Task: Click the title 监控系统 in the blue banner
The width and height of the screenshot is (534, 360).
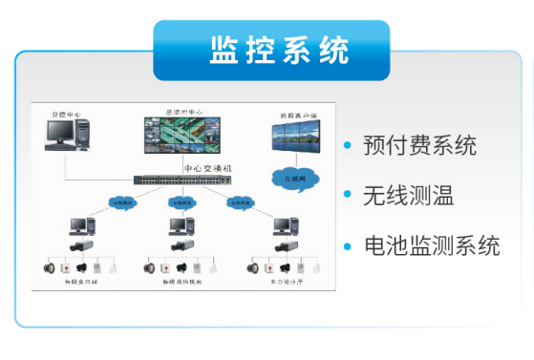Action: click(x=271, y=50)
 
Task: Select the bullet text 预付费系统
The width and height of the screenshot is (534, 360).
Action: click(x=419, y=146)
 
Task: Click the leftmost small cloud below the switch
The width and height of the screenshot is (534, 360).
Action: click(x=122, y=202)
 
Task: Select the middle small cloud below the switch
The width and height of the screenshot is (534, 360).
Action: click(x=178, y=202)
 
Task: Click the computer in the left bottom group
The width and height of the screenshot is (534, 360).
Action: click(x=81, y=227)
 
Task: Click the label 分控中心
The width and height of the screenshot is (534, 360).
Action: click(x=66, y=115)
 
